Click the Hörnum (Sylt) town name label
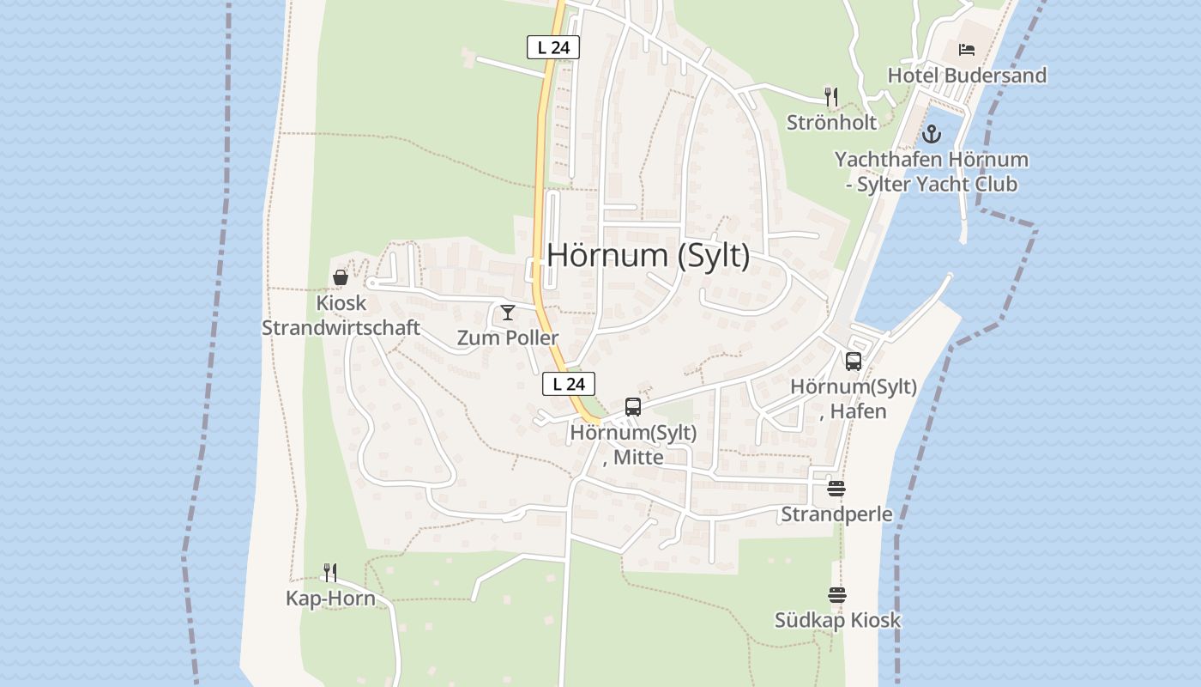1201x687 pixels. pos(648,256)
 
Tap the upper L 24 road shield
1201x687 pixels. pos(553,47)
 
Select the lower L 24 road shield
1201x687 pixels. pos(569,384)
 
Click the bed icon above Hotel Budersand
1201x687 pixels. pos(967,50)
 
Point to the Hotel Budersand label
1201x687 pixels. pos(967,76)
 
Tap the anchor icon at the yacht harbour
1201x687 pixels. pos(932,134)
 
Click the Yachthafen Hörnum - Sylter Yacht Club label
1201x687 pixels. pos(932,172)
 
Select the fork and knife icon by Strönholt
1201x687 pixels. pos(830,95)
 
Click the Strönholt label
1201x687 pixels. pos(831,122)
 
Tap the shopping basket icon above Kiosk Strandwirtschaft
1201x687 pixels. pos(341,277)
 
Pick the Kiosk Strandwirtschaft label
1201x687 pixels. pos(341,315)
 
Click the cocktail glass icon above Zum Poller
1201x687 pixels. pos(508,312)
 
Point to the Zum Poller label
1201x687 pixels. pos(508,337)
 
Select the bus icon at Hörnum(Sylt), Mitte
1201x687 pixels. pos(633,407)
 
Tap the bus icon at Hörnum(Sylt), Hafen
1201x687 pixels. pos(854,362)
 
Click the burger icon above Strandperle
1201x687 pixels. pos(836,489)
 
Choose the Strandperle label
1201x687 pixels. pos(836,514)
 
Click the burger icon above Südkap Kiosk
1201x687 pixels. pos(837,594)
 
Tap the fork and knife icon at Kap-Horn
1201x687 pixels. pos(330,572)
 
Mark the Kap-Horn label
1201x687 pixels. pos(330,599)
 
